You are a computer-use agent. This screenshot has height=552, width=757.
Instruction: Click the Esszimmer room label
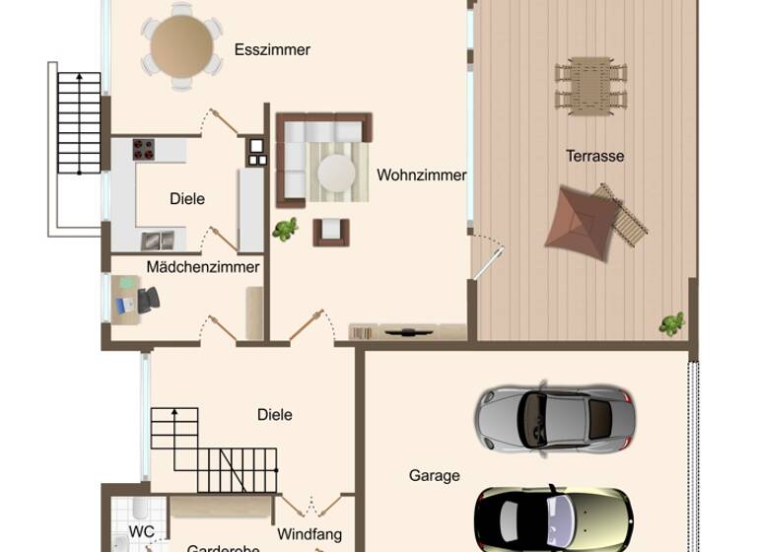(272, 49)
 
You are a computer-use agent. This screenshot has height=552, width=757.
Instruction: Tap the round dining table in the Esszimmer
(181, 44)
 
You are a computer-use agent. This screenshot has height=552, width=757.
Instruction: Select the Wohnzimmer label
(421, 175)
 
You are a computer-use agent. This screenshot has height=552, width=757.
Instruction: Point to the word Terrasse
(594, 156)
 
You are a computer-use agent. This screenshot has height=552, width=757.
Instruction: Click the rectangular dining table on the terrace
(590, 83)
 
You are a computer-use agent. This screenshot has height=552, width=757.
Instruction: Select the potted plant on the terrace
(672, 322)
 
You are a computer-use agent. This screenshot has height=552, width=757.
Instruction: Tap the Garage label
(435, 475)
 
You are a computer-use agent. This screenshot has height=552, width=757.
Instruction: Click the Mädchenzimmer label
(203, 267)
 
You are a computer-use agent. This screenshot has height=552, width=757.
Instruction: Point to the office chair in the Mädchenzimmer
(147, 299)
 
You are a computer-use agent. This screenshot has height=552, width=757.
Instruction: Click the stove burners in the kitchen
(144, 149)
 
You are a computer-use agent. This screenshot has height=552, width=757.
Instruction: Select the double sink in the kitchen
(158, 240)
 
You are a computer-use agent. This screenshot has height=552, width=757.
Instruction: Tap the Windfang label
(310, 534)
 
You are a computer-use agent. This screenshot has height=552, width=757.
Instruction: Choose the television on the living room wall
(406, 331)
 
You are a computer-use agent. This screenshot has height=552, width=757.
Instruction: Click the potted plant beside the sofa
(286, 230)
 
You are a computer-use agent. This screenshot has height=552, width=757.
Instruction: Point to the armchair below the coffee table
(330, 232)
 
